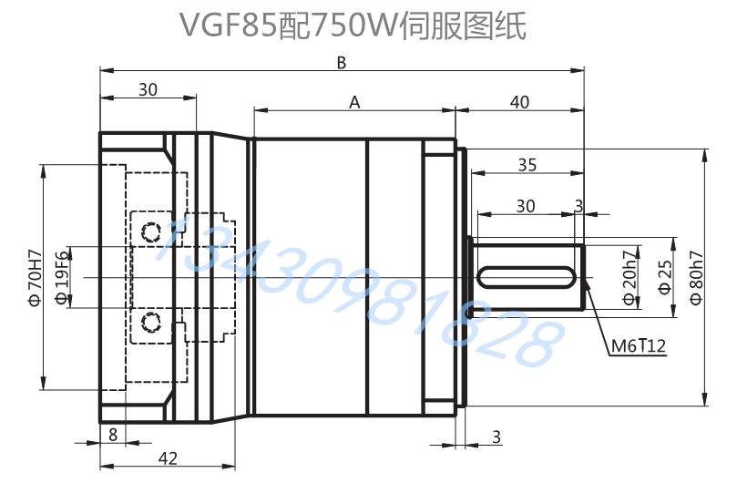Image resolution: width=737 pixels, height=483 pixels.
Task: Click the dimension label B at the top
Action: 342,62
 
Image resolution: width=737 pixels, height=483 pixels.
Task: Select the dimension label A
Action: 354,103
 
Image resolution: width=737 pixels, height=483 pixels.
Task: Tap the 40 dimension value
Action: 519,102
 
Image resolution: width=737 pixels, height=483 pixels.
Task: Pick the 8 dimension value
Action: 112,434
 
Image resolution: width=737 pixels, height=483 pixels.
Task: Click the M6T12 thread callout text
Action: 639,346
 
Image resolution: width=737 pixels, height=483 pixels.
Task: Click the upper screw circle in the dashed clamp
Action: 150,233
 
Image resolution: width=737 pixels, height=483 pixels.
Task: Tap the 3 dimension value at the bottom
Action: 496,437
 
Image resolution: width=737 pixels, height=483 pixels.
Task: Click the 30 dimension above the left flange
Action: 148,89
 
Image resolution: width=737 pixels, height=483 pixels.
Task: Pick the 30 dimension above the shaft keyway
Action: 526,206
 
